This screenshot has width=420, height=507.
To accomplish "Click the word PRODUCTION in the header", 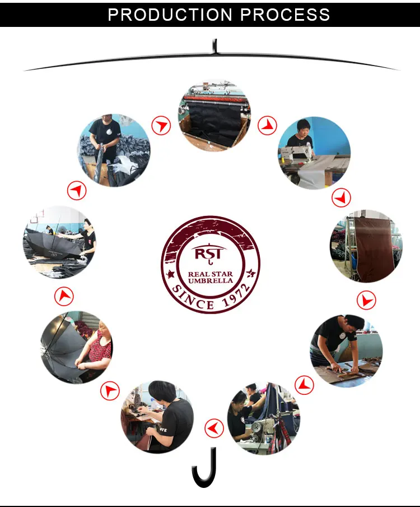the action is (x=170, y=15).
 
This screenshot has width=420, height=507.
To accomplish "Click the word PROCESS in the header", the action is (x=285, y=15).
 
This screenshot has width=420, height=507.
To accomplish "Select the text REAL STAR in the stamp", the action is (x=211, y=274).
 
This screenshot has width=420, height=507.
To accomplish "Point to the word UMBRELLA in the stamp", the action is (x=211, y=280).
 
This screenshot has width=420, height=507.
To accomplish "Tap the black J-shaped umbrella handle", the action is (x=204, y=467).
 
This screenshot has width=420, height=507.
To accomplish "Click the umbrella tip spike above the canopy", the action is (x=214, y=46).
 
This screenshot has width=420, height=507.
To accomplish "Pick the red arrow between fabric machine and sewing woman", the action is (x=267, y=126).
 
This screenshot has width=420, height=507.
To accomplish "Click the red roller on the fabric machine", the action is (x=214, y=98).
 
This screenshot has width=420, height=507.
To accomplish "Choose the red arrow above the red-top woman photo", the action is (x=64, y=296).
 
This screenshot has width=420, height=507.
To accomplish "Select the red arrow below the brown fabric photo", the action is (x=366, y=300).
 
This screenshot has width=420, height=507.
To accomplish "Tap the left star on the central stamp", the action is (x=170, y=275).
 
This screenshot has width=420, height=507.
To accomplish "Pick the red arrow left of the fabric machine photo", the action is (x=161, y=125).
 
